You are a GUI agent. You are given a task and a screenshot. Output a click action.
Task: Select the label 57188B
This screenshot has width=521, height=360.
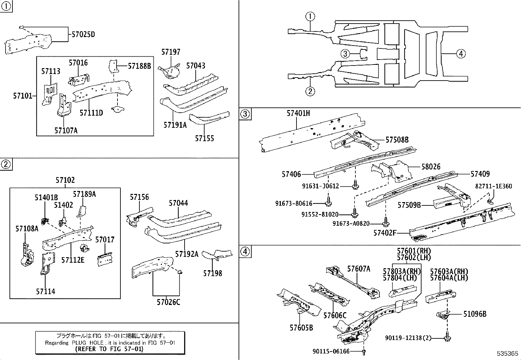point(139,66)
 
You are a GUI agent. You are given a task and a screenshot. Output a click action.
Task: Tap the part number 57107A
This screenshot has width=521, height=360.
point(66,131)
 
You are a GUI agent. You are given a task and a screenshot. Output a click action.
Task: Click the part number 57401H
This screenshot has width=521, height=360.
point(298,113)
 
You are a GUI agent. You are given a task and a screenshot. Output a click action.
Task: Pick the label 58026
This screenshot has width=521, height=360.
point(431,167)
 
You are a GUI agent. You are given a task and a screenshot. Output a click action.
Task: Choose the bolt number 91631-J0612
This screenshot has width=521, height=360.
point(320,186)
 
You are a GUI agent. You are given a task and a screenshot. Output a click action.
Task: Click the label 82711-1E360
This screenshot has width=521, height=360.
point(494,186)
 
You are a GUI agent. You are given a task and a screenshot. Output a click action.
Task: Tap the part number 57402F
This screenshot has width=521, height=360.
point(385,233)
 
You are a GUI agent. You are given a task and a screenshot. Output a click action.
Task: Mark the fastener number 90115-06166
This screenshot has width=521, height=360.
point(331,351)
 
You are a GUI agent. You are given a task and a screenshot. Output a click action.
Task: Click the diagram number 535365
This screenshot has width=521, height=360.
point(507,354)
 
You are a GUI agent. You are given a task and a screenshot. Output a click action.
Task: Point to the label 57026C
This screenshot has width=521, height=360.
point(168,302)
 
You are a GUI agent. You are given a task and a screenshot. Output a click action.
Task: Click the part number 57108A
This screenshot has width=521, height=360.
point(27,228)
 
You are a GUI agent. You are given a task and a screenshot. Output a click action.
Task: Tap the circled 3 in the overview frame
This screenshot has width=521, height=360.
point(345,53)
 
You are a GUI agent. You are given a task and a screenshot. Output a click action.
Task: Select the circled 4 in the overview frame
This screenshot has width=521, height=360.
point(460,53)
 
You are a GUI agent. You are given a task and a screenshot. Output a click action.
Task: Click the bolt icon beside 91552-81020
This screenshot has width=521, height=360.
point(354,214)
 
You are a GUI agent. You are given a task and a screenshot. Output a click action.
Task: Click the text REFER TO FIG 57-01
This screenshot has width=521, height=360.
point(109,349)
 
